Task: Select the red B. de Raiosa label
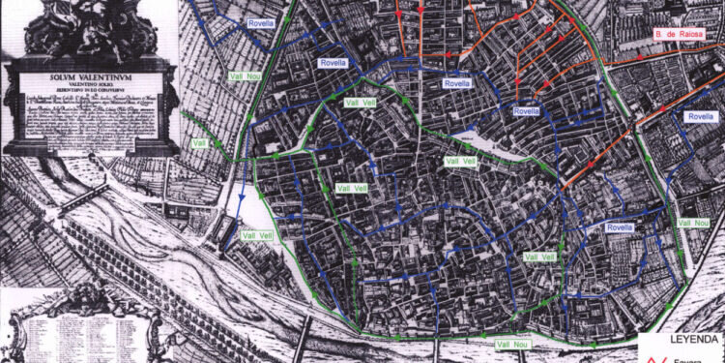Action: (x=676, y=35)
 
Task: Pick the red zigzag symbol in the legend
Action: (x=650, y=355)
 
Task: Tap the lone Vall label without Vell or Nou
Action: (x=200, y=143)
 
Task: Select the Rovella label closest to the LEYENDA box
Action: (x=619, y=227)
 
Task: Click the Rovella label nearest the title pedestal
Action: (x=260, y=20)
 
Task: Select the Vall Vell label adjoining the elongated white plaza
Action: (x=457, y=161)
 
